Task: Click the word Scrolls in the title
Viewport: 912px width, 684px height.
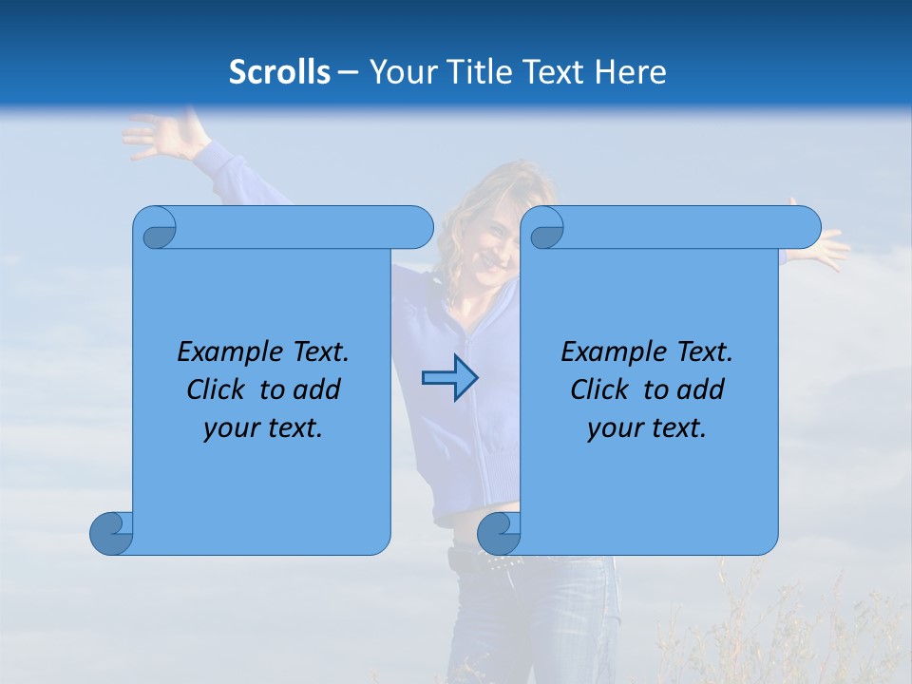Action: (x=279, y=72)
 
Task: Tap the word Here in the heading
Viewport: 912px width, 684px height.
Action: (x=631, y=72)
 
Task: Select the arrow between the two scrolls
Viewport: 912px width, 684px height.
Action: (x=449, y=378)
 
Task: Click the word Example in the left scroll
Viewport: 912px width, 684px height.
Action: (x=220, y=352)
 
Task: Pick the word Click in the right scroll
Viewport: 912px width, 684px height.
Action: (x=599, y=389)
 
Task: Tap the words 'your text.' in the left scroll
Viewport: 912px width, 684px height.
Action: (x=263, y=427)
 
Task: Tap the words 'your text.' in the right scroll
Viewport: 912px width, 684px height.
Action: (x=647, y=427)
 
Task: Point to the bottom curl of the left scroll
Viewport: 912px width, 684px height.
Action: (x=112, y=533)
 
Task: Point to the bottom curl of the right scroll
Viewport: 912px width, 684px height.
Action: (x=499, y=533)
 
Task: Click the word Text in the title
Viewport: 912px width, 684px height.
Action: (x=559, y=72)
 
